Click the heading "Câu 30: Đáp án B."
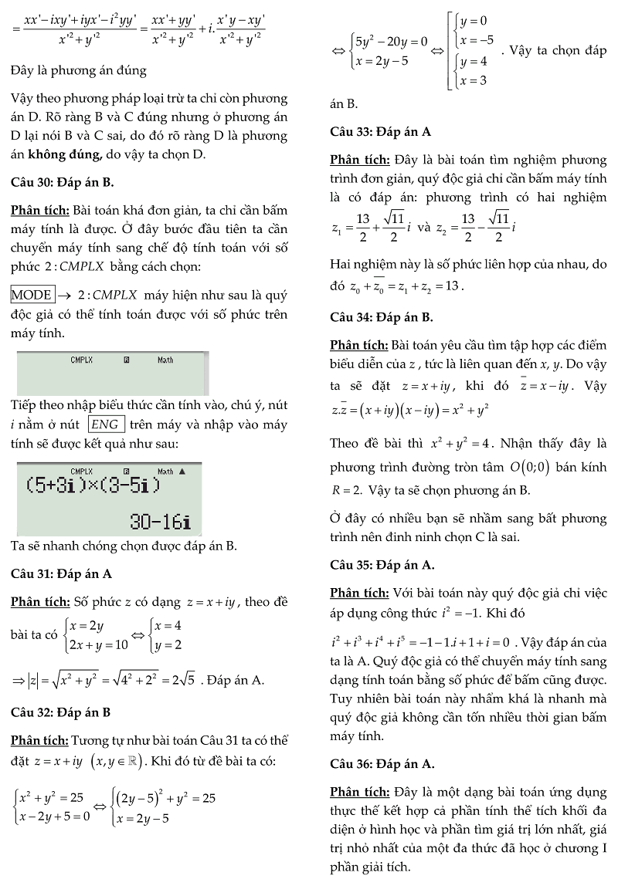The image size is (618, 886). (63, 183)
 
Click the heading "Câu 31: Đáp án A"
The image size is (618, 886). (61, 573)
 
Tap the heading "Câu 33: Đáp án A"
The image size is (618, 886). (380, 132)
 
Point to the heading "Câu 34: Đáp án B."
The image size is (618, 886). (382, 316)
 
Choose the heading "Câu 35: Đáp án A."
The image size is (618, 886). (382, 565)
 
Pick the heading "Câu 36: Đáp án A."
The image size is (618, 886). (382, 764)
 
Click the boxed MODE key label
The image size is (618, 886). (32, 294)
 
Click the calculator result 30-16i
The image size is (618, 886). (159, 522)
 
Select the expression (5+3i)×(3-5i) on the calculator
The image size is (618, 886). (93, 486)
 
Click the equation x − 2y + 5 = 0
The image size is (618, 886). (53, 813)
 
